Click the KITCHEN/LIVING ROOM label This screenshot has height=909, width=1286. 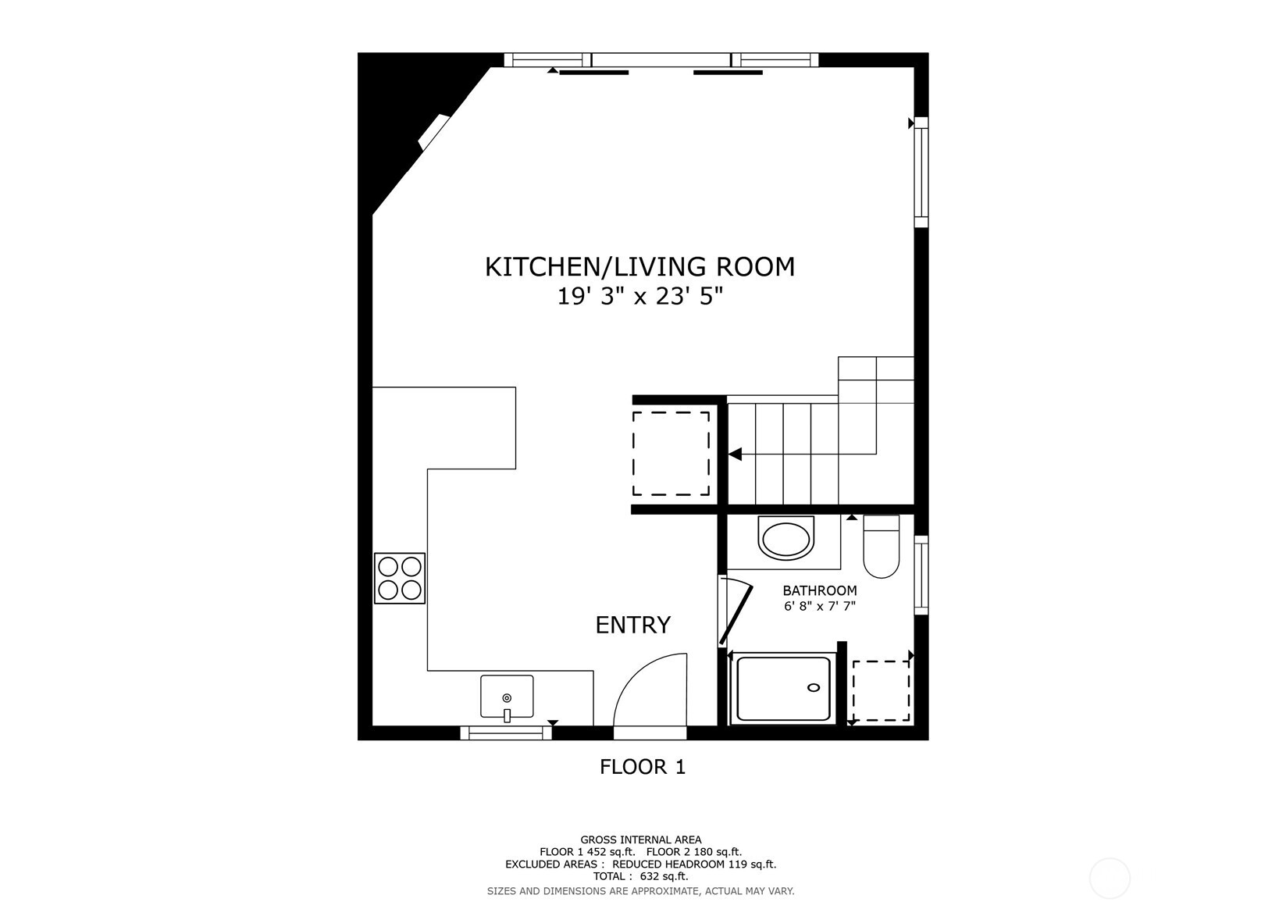639,267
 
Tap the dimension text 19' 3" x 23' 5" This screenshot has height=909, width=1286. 639,298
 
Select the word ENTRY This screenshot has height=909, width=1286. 632,625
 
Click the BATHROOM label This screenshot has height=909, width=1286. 819,591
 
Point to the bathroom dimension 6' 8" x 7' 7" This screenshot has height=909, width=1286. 819,606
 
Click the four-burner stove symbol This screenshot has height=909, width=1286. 400,578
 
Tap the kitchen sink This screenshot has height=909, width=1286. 507,697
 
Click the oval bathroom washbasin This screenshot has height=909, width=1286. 785,540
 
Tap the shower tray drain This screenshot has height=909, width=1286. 814,687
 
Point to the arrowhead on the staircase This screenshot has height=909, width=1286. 735,454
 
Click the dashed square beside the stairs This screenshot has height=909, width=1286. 671,454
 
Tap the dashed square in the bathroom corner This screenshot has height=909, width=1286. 881,691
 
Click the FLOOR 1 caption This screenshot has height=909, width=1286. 642,767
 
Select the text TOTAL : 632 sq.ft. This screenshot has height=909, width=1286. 640,876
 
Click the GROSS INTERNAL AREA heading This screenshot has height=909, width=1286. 640,839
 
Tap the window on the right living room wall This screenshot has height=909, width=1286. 921,172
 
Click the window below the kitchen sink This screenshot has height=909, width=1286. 506,733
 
